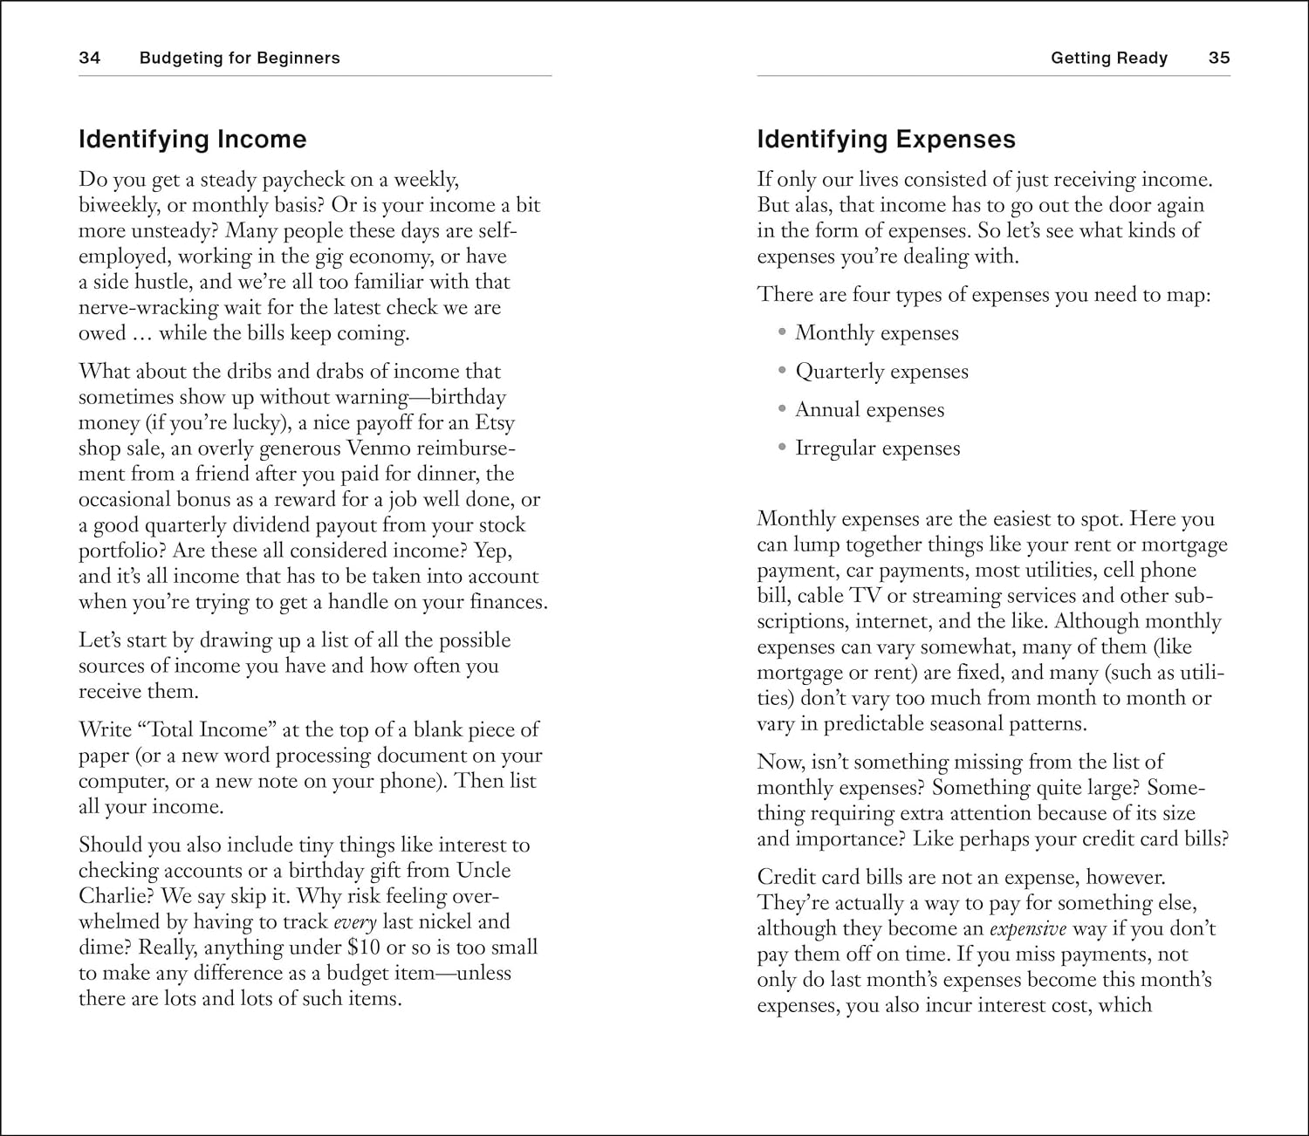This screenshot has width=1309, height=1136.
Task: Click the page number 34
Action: click(x=89, y=58)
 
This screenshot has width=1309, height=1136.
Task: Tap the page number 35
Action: click(x=1219, y=58)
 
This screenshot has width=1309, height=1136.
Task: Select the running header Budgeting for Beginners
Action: click(x=239, y=58)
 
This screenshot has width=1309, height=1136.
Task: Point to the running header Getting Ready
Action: click(x=1108, y=58)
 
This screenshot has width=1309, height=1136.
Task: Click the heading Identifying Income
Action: click(x=192, y=140)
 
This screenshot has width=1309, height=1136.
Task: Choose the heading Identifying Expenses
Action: click(x=886, y=140)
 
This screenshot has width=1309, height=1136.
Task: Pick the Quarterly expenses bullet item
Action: click(x=881, y=372)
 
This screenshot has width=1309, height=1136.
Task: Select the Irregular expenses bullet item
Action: click(x=877, y=448)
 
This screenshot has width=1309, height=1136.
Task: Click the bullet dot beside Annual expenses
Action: click(x=782, y=409)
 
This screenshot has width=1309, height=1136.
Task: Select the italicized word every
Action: click(x=354, y=922)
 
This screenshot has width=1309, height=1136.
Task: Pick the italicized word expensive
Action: click(x=1027, y=928)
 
